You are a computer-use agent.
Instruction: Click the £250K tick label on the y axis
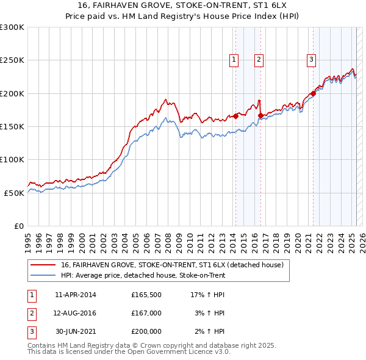pos(12,60)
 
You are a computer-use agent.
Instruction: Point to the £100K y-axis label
pos(12,159)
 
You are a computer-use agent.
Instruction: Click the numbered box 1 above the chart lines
pos(234,59)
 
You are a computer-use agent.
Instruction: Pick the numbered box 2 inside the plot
pos(259,59)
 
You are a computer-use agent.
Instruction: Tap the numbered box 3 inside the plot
pos(311,59)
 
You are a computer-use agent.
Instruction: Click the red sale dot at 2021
pos(313,93)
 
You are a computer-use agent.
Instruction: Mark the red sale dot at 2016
pos(260,115)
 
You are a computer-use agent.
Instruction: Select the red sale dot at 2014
pos(235,116)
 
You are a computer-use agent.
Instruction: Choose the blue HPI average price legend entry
pos(143,276)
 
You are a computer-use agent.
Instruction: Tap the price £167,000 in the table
pos(146,313)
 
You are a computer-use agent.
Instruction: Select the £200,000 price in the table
pos(146,331)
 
